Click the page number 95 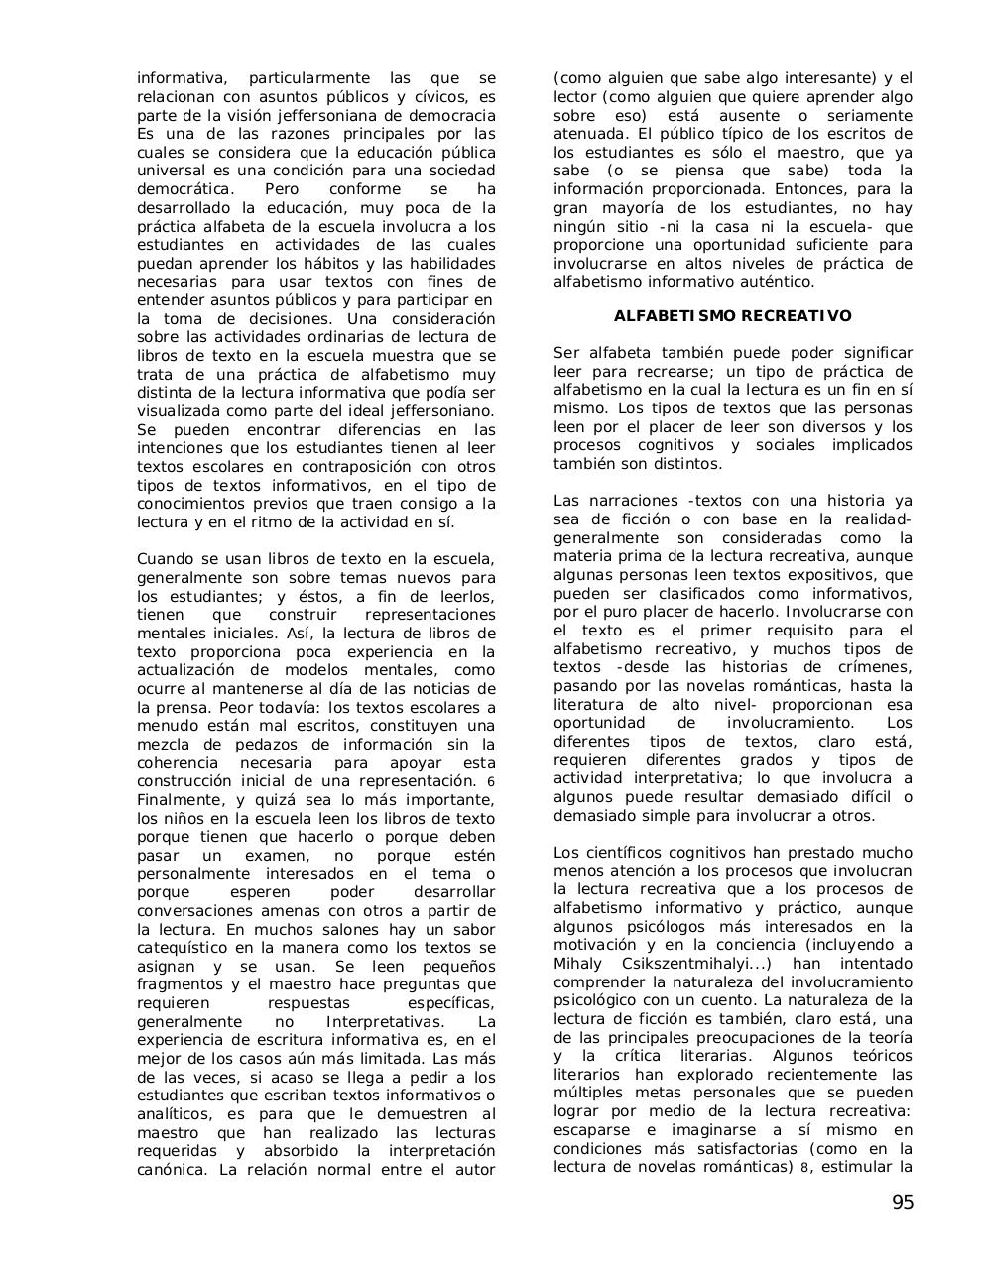tap(902, 1203)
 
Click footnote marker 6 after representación tap(491, 782)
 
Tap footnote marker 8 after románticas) tap(804, 1167)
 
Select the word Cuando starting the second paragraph tap(166, 559)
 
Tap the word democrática tap(185, 189)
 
